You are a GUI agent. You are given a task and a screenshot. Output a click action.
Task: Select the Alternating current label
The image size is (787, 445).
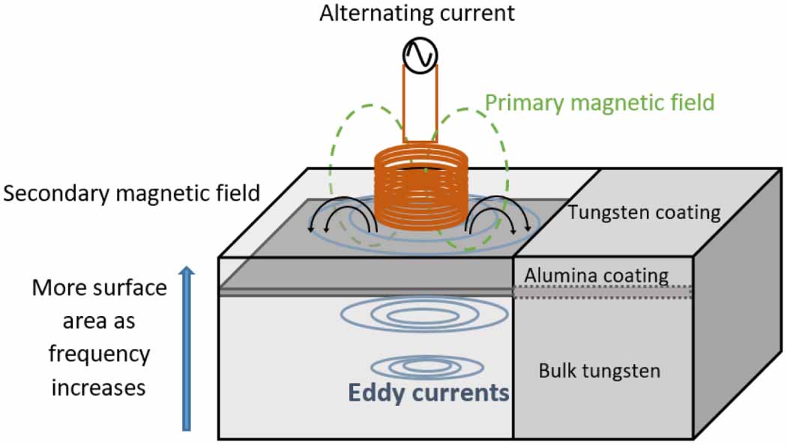tap(418, 13)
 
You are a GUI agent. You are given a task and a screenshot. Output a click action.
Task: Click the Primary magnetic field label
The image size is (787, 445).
tap(599, 103)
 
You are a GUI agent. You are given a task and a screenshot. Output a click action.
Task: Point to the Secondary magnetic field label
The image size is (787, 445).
tap(131, 195)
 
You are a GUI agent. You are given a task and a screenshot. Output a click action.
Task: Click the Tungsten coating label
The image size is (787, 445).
tap(644, 213)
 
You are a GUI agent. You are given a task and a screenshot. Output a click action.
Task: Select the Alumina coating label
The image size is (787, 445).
tap(596, 275)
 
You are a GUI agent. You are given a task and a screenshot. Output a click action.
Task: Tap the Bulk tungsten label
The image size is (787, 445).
tap(600, 370)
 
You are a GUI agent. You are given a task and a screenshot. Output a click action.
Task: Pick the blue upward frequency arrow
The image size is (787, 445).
tap(187, 351)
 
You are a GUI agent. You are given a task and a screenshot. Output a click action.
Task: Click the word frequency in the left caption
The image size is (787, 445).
tap(100, 354)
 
